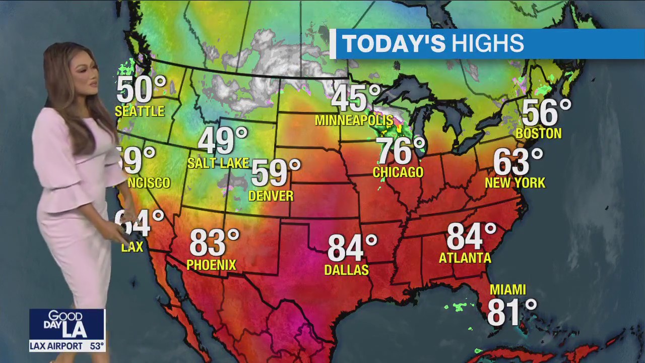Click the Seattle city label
[x=140, y=111]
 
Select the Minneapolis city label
[x=354, y=120]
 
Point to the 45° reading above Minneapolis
[x=355, y=98]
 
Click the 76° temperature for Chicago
[x=401, y=151]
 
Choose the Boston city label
[x=539, y=134]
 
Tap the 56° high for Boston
[x=546, y=112]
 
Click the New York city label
[x=515, y=183]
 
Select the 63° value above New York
[x=518, y=161]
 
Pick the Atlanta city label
[x=465, y=258]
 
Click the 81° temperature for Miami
[x=511, y=312]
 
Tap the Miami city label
[x=508, y=290]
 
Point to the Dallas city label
[x=347, y=270]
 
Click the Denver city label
[x=271, y=196]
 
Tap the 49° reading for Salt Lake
[x=223, y=141]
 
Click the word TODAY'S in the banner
[x=394, y=44]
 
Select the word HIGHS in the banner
[x=487, y=44]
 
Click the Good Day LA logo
[x=67, y=324]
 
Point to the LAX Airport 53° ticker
[x=67, y=346]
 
